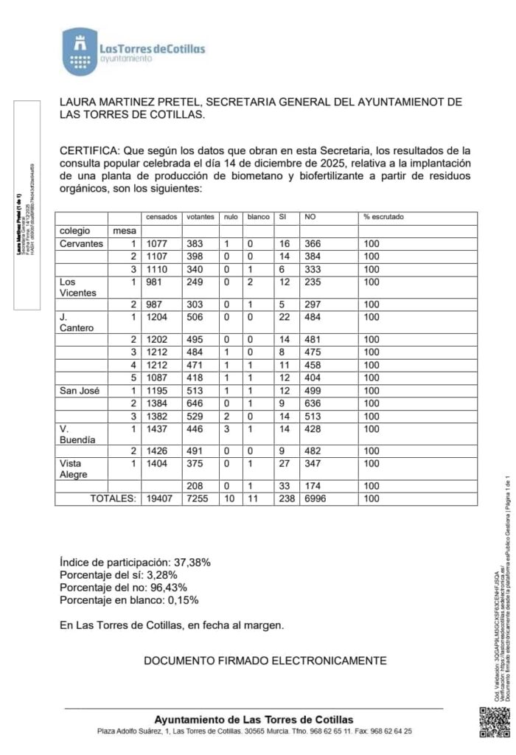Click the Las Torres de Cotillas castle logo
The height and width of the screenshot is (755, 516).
(77, 52)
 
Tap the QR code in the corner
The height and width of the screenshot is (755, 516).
(494, 723)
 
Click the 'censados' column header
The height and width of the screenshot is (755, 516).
(161, 217)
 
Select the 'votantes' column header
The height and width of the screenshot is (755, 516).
(200, 217)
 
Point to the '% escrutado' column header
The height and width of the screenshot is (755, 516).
(383, 217)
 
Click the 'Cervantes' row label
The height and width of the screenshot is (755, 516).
(81, 244)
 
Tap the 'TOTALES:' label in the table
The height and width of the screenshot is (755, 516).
(114, 499)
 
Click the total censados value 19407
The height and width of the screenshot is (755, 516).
(159, 499)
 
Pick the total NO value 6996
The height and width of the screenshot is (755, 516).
(316, 499)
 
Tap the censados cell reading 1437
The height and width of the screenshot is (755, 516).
(157, 429)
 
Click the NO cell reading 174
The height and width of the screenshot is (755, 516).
(313, 487)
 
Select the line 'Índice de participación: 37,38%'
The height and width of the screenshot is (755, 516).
(135, 562)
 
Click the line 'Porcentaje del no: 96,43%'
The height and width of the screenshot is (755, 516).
(123, 588)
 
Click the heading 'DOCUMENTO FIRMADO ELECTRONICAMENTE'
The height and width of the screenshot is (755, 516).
(265, 661)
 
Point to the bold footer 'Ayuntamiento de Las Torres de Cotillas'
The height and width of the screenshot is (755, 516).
(254, 720)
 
